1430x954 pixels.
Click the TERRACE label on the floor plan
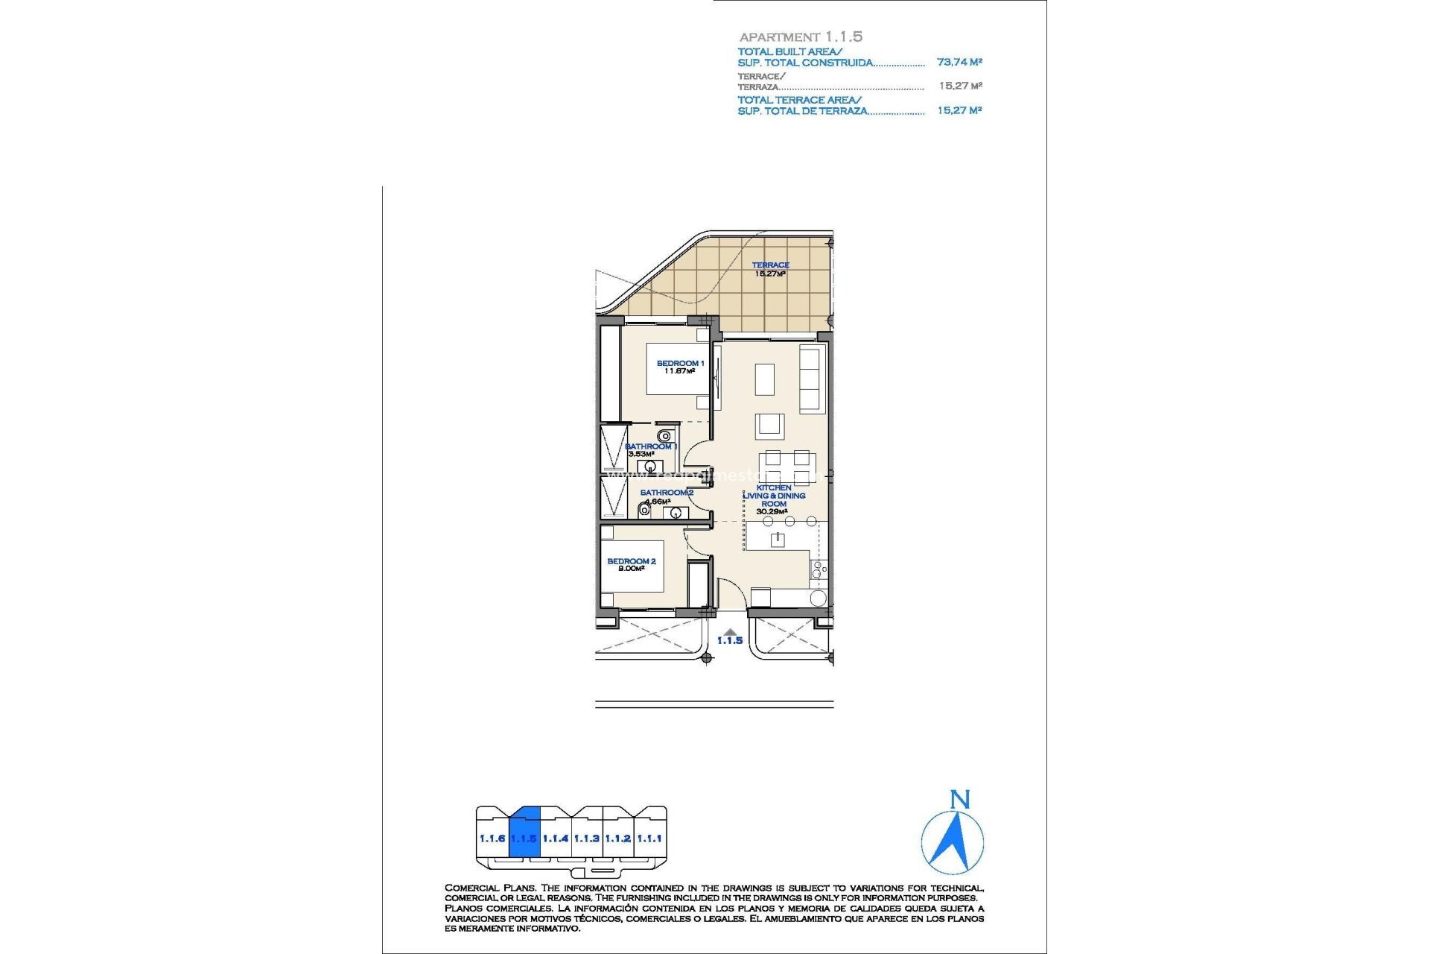pos(770,265)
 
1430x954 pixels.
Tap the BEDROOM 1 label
pos(679,363)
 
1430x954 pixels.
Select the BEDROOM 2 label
pos(631,561)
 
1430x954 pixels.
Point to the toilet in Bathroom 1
pos(664,436)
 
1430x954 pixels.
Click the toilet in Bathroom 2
pos(644,511)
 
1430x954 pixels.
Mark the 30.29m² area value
pos(772,512)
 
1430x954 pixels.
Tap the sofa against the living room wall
pos(810,378)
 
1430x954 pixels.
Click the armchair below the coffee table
pos(769,426)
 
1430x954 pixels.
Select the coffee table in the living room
pos(765,379)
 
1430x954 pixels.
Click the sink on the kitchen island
pos(778,539)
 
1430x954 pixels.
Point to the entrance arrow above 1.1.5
pos(730,631)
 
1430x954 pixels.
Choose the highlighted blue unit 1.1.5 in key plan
pos(524,837)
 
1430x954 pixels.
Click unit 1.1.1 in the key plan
pos(649,838)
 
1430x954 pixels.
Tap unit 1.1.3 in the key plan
pos(587,838)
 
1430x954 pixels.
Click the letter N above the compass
pos(960,800)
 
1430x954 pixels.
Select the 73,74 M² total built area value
pos(959,63)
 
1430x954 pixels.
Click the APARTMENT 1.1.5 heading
pos(801,37)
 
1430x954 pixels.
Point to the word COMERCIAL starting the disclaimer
pos(471,888)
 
